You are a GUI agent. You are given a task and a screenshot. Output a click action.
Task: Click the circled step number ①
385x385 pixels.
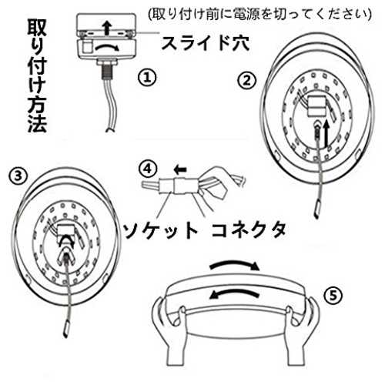coord(147,78)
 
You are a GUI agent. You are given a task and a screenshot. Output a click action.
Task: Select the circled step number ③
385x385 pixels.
coord(17,176)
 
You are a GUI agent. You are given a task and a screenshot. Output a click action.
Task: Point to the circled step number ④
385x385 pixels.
coord(147,169)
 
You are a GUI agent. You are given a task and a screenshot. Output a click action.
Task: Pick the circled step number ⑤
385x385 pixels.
coord(333,296)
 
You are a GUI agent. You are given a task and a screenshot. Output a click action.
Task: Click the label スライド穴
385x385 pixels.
coord(206,43)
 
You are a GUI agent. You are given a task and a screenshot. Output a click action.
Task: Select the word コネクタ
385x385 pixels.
coord(249,230)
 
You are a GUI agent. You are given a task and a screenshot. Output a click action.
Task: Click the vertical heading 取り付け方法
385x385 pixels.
coord(37,76)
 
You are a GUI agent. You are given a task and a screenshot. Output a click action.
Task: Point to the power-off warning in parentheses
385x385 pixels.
coord(260,14)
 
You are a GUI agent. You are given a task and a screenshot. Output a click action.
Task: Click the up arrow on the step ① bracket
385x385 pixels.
coord(107,28)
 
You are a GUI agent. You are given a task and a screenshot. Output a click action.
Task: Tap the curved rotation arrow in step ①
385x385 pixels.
coord(107,47)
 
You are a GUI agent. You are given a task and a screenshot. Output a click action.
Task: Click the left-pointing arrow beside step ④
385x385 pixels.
coord(180,169)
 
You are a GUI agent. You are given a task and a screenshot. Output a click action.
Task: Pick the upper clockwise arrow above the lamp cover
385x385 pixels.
coord(235,265)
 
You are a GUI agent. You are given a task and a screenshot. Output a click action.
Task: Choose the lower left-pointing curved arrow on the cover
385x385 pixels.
coord(233,293)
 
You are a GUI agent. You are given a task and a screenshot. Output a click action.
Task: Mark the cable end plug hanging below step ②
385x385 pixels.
coord(317,209)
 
